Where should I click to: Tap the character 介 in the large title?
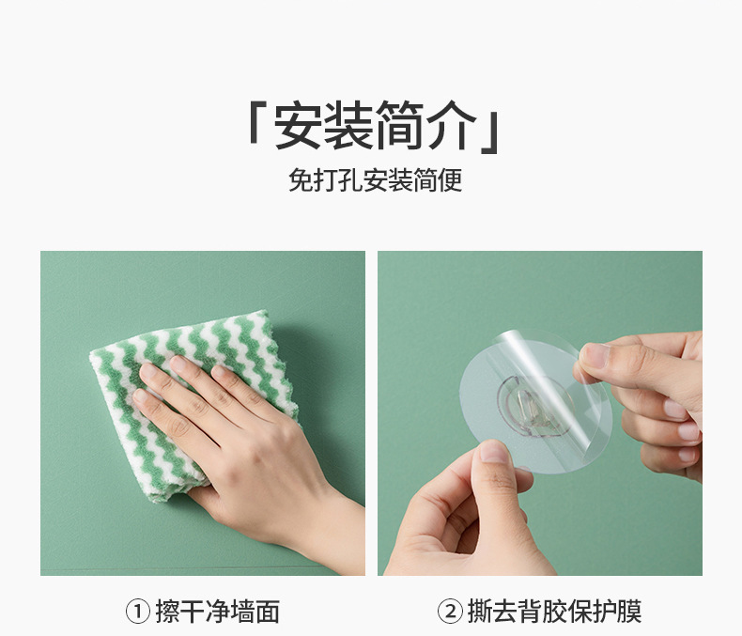(x=452, y=125)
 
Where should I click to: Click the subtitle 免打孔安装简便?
(x=376, y=180)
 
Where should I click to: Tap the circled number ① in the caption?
(x=138, y=612)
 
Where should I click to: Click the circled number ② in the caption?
(x=450, y=612)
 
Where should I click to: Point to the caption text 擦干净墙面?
(x=218, y=612)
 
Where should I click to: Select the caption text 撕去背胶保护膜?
(x=554, y=612)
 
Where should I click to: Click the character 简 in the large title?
(x=400, y=125)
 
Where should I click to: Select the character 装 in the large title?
(x=349, y=125)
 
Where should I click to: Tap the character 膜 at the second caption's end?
(x=630, y=612)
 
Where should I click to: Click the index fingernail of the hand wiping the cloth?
(x=178, y=364)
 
